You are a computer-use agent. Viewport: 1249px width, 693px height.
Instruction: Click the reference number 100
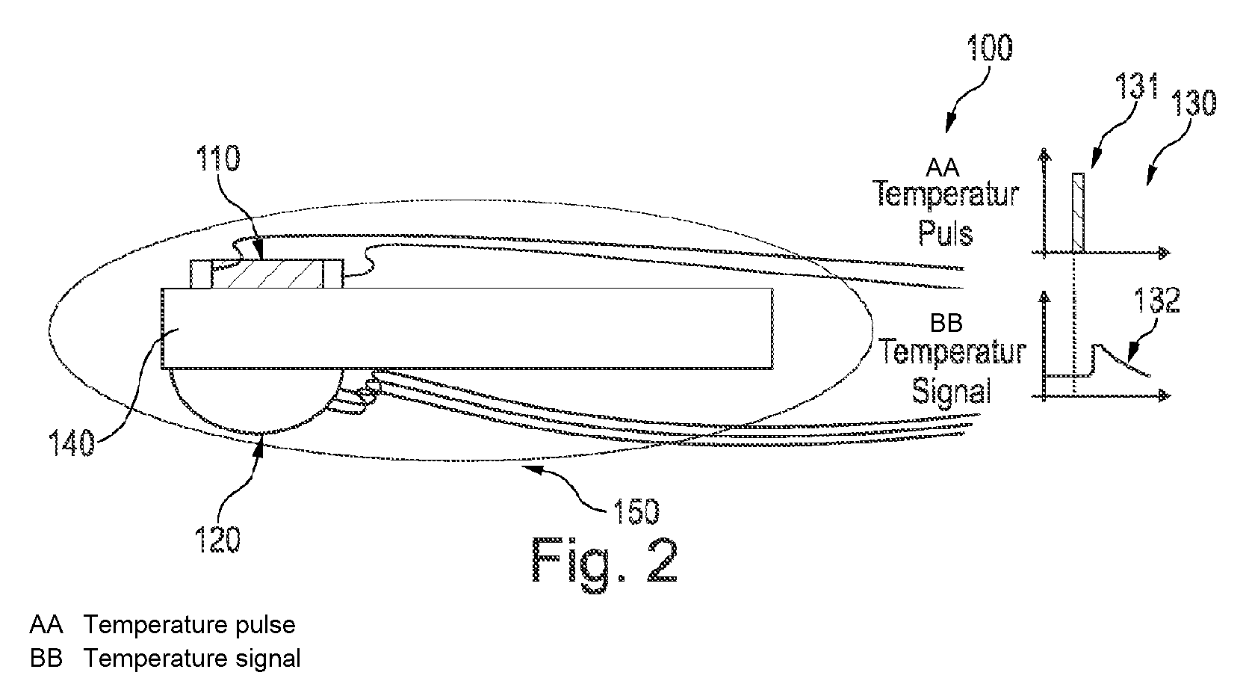(990, 48)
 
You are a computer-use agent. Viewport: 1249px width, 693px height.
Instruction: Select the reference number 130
(1193, 102)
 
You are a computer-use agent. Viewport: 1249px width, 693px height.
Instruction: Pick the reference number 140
(72, 443)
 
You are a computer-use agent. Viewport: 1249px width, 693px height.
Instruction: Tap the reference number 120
(217, 540)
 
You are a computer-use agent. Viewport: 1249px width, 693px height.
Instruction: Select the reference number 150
(636, 511)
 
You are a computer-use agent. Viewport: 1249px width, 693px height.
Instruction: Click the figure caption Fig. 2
(605, 561)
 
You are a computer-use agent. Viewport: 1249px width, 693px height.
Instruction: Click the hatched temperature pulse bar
(1079, 212)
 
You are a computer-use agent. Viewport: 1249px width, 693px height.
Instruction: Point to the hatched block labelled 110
(267, 274)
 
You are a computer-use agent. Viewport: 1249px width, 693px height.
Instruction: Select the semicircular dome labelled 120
(256, 401)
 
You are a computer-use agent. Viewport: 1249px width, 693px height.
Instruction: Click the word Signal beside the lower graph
(951, 390)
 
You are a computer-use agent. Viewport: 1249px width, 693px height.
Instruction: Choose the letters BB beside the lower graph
(946, 323)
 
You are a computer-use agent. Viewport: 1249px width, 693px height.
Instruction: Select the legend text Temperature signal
(193, 659)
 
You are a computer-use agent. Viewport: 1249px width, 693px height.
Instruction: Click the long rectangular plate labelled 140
(468, 329)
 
